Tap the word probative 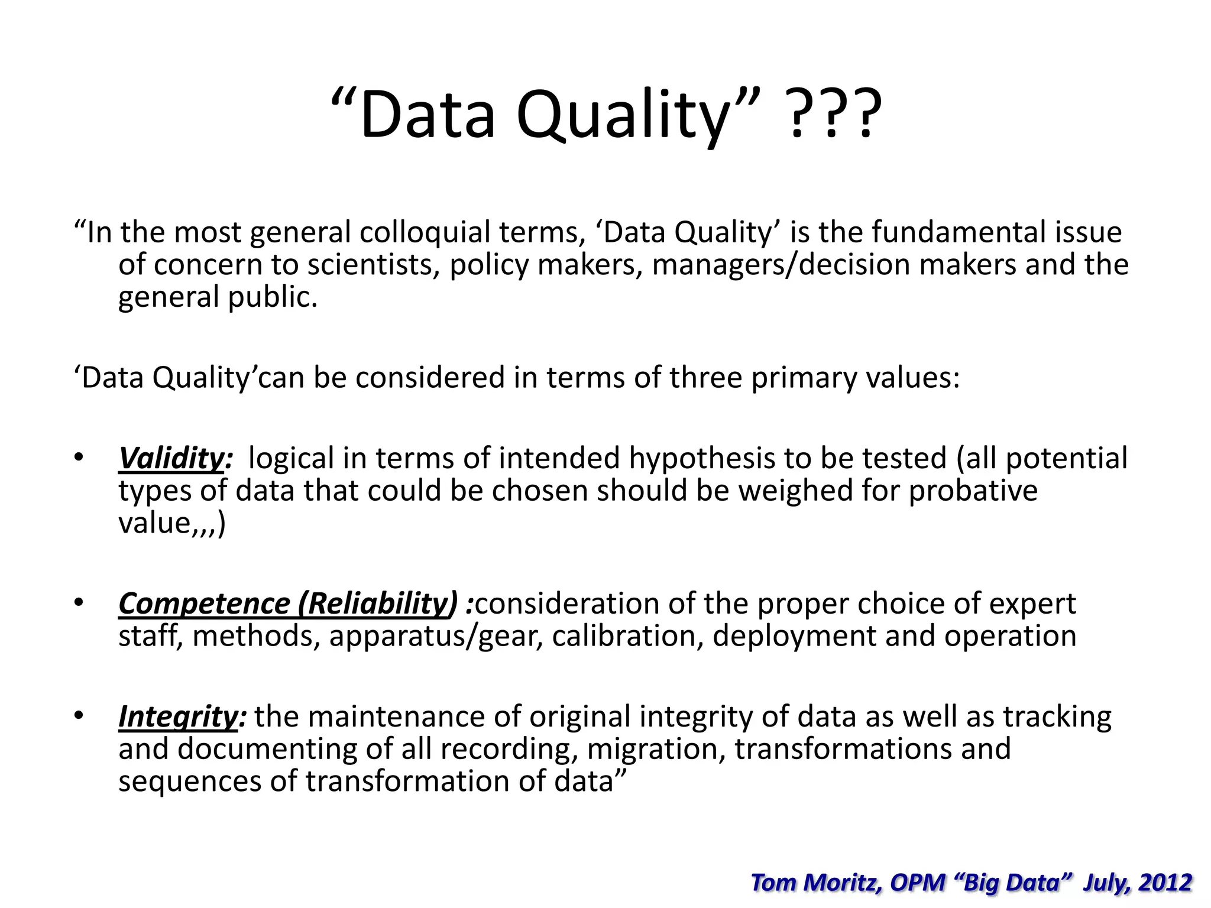pyautogui.click(x=973, y=491)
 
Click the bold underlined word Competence pyautogui.click(x=204, y=604)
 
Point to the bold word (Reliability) pyautogui.click(x=378, y=604)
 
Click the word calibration pyautogui.click(x=627, y=636)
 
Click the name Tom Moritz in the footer pyautogui.click(x=815, y=882)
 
